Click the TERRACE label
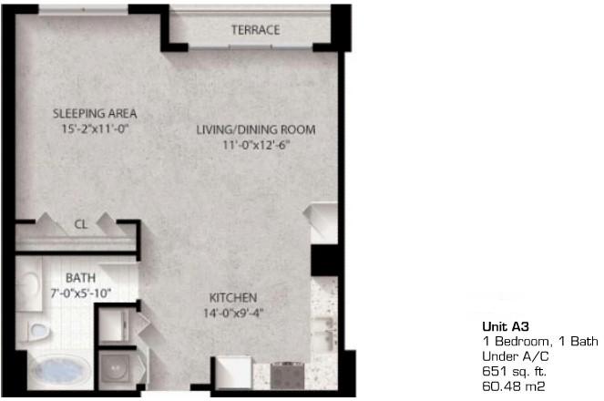(255, 30)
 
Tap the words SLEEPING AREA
(95, 114)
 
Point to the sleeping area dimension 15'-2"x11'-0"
(95, 129)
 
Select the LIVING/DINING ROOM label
(256, 129)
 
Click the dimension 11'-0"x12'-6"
(256, 145)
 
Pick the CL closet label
(80, 224)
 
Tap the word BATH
(80, 278)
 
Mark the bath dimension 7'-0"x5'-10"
(80, 293)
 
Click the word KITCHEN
(233, 298)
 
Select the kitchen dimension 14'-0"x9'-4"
(233, 314)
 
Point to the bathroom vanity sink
(29, 284)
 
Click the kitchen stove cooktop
(287, 375)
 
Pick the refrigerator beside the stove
(233, 373)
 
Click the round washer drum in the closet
(117, 368)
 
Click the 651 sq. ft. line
(514, 371)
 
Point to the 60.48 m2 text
(514, 386)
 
